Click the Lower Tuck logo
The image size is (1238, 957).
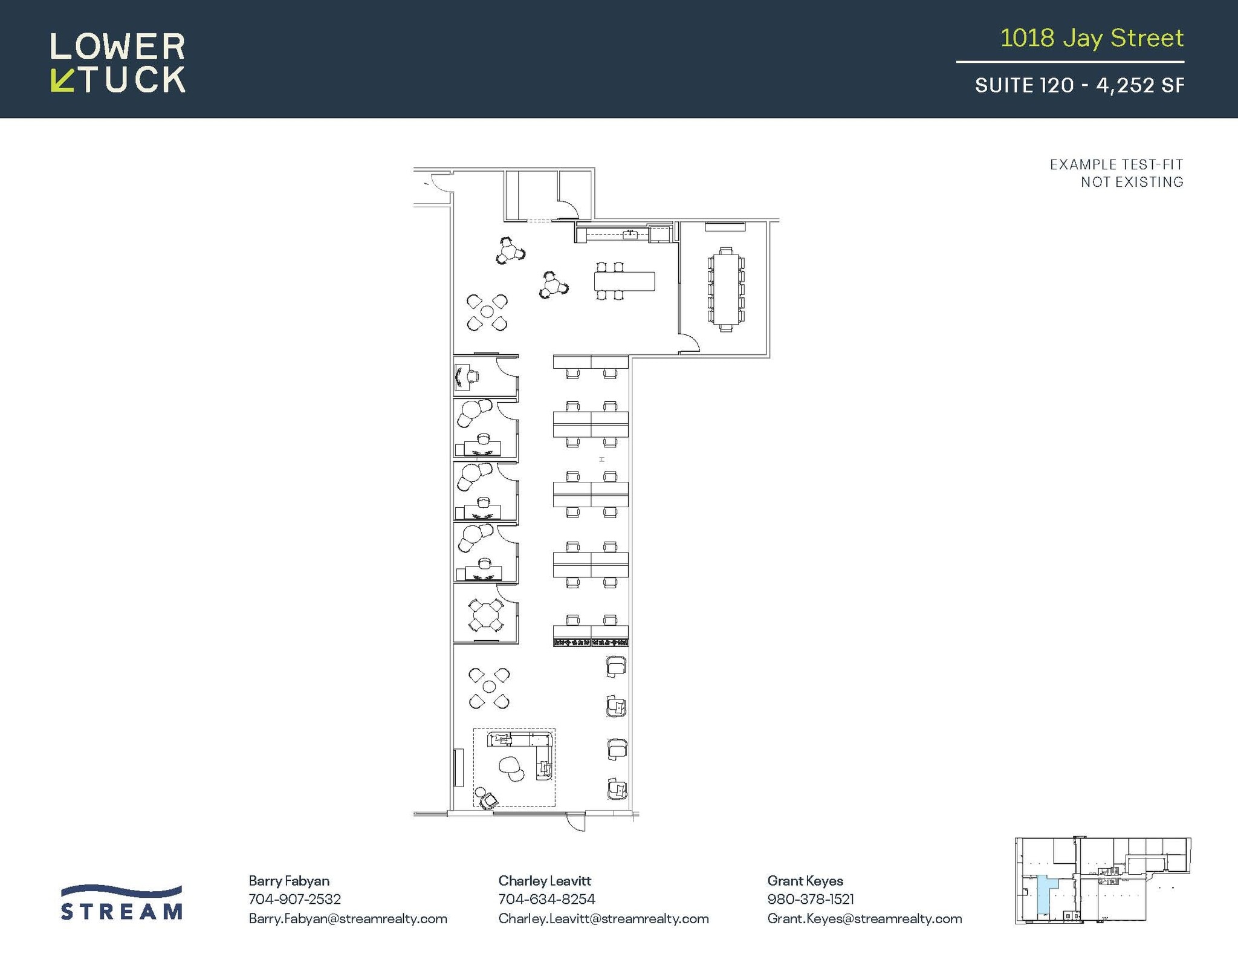[118, 62]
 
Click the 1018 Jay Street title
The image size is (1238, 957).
[1091, 38]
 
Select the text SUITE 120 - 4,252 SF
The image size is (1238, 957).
[1079, 85]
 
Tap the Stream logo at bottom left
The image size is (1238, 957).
[122, 903]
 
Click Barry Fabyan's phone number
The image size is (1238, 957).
[294, 899]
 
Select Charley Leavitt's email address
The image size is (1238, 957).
[603, 919]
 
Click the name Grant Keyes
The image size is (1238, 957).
[805, 881]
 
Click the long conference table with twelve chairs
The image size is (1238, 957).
[725, 290]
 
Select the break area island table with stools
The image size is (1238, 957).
[624, 281]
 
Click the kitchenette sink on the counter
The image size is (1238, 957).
[630, 234]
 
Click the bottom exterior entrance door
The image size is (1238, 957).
[576, 821]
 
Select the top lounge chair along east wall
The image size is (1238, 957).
[615, 666]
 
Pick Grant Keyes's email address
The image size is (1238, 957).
[864, 919]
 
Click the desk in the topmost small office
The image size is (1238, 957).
[462, 377]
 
